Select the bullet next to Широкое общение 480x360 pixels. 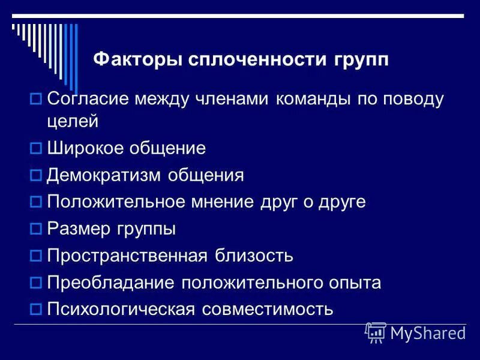click(35, 148)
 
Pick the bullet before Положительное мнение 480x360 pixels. click(35, 202)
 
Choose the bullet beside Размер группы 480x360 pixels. click(35, 229)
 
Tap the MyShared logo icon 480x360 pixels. click(376, 332)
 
